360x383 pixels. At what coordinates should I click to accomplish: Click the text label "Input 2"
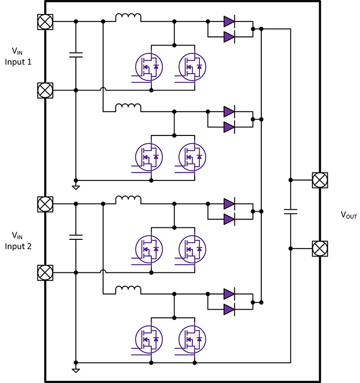point(19,246)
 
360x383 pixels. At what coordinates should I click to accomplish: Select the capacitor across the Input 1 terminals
point(76,55)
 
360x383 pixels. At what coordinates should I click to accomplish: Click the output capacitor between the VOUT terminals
point(290,212)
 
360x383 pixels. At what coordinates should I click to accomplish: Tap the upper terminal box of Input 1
point(45,22)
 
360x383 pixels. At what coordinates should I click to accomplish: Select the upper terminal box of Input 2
point(45,204)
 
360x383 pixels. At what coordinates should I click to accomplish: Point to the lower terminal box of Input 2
point(45,272)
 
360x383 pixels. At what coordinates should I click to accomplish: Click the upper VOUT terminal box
point(319,180)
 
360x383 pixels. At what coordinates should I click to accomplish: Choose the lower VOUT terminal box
point(319,248)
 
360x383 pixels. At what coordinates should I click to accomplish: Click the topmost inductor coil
point(128,19)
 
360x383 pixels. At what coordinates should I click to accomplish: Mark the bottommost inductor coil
point(128,290)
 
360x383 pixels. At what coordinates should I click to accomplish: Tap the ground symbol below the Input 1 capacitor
point(76,186)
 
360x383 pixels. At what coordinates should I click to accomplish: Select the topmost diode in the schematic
point(229,22)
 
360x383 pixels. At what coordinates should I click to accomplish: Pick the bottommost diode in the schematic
point(229,311)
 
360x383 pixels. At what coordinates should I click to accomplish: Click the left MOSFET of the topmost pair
point(148,66)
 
